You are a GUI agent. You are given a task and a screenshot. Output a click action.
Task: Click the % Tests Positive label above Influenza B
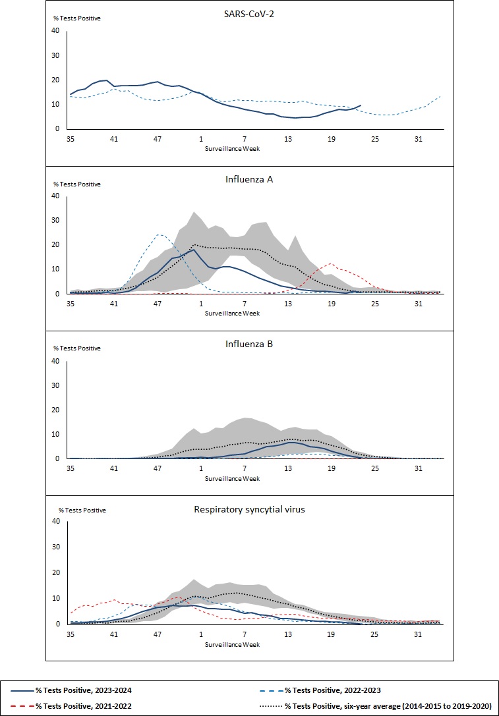click(x=77, y=348)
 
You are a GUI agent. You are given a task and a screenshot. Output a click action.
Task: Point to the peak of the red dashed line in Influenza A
click(x=332, y=263)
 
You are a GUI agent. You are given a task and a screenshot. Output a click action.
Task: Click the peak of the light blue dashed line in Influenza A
click(x=159, y=234)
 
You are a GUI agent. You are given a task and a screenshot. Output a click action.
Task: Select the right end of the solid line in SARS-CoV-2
click(x=361, y=105)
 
